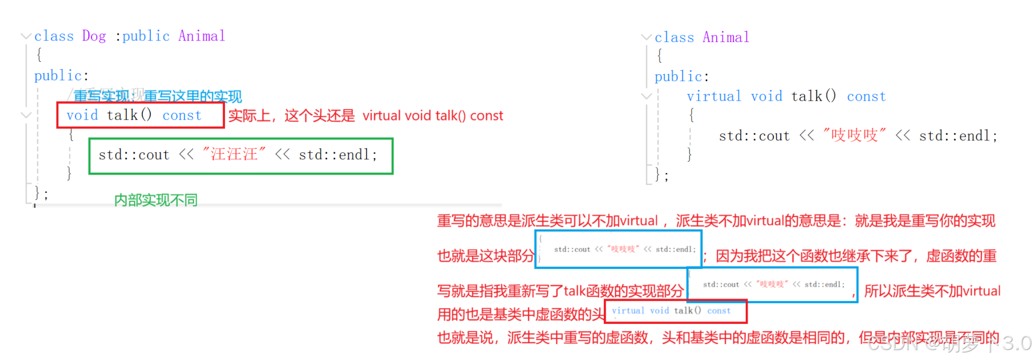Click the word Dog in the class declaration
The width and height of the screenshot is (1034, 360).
94,36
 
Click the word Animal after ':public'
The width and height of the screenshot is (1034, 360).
202,36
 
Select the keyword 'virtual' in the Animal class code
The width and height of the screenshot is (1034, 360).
714,96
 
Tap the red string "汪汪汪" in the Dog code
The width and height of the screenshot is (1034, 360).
234,155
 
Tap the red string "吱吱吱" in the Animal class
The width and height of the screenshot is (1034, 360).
854,135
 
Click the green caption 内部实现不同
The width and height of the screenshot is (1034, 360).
156,200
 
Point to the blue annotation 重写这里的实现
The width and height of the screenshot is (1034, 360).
193,96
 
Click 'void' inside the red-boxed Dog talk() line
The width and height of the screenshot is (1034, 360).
82,116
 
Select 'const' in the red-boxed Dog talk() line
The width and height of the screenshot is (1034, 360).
182,116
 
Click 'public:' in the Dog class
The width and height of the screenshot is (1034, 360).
61,76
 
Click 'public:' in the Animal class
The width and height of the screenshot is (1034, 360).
681,77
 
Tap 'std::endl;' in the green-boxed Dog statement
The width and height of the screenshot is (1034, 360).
338,155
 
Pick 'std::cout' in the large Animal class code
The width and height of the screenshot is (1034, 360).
754,136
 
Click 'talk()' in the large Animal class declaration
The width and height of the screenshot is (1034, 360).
813,96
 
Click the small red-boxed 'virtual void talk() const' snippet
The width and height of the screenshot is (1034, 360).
675,311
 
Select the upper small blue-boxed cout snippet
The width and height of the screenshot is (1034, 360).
618,249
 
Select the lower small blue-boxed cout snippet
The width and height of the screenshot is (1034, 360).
772,284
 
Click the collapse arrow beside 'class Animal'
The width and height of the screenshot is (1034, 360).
646,38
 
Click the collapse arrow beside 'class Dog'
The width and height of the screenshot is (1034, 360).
26,36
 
